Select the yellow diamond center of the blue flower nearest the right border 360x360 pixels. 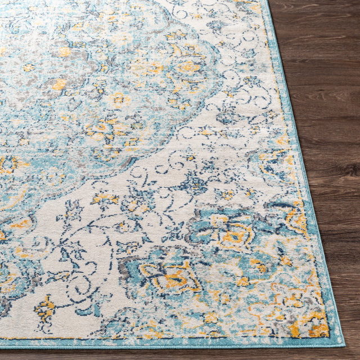coord(233,235)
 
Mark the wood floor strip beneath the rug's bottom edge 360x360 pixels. coord(169,354)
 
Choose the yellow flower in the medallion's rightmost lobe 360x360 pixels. coord(188,67)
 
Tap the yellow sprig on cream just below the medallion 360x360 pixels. coord(106,198)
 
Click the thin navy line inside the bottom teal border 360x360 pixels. coord(169,339)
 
